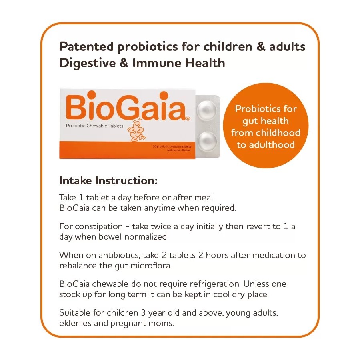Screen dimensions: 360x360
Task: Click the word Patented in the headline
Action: [86, 46]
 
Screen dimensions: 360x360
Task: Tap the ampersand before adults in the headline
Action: [261, 46]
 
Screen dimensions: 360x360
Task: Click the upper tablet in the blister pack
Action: [207, 110]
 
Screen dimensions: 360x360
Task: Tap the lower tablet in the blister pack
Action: [207, 141]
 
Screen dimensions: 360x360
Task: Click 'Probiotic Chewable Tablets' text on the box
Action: [94, 126]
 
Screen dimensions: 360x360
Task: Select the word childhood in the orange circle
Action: [278, 133]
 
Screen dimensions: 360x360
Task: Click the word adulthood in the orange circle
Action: [272, 145]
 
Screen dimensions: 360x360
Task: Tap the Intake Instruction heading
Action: [108, 180]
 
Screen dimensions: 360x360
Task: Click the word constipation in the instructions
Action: [99, 227]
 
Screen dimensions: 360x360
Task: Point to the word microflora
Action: [151, 266]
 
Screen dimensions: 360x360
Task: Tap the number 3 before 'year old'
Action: [143, 313]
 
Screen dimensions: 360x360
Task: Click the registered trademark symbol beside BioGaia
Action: [188, 119]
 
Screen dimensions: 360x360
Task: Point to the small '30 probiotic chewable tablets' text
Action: [172, 146]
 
